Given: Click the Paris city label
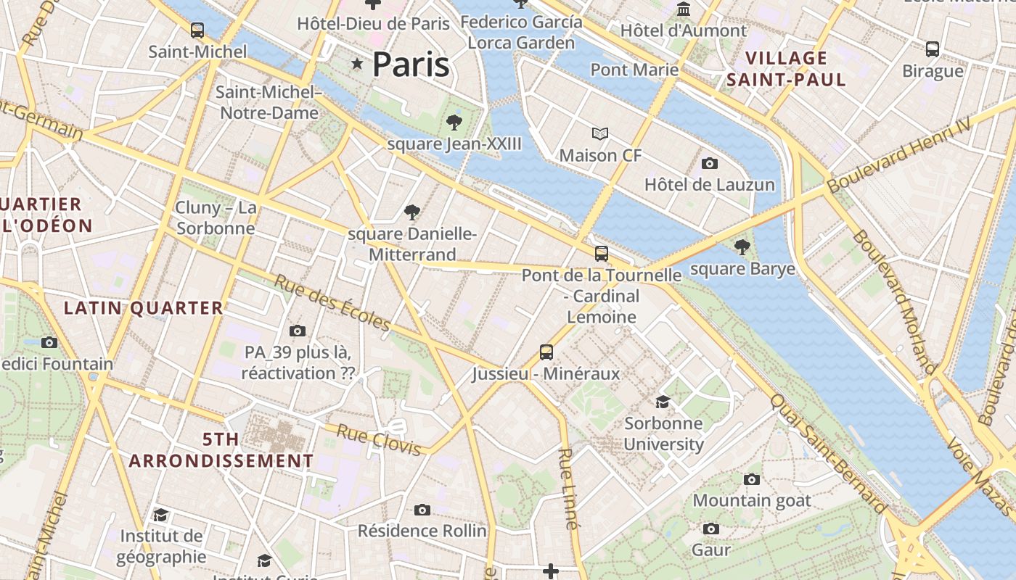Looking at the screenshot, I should point(411,65).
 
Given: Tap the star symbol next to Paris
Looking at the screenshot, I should point(356,64).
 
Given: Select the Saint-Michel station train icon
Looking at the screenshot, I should point(197,30).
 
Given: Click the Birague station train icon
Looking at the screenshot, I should point(933,49).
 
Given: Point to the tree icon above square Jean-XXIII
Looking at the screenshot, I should point(454,122).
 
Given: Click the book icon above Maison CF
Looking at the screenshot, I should point(599,134).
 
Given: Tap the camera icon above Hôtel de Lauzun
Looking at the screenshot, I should point(710,164).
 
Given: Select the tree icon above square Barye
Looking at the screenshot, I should point(742,247).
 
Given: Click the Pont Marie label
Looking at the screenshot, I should point(634,70).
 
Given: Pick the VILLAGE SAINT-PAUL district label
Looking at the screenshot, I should point(787,69).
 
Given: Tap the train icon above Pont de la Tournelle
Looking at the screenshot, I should point(602,254).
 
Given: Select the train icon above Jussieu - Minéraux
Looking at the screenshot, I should point(546,352).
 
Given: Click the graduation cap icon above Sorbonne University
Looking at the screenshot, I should point(663,402).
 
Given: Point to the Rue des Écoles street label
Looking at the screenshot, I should point(332,302).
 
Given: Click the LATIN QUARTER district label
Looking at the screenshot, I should point(144,308).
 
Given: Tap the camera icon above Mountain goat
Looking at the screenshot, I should point(752,479).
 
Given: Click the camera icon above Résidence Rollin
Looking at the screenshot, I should point(422,510).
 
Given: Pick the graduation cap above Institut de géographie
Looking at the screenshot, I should point(161,515).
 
